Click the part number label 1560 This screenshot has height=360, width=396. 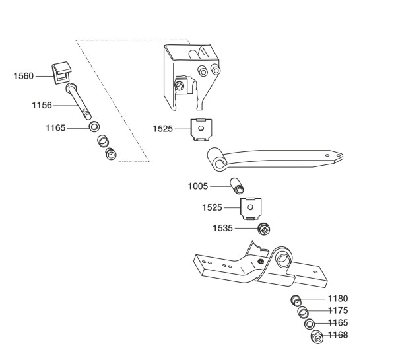tap(24, 76)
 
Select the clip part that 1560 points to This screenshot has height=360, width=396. tap(61, 73)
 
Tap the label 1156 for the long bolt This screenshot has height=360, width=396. tap(42, 105)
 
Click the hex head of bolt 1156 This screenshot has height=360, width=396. tap(71, 87)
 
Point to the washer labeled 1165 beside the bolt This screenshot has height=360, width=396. tap(94, 127)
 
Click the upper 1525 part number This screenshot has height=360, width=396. tap(163, 129)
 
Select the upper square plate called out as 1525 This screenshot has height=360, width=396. tap(201, 129)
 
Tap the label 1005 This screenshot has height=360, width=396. tap(198, 186)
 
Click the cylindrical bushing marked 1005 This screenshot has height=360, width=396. tap(237, 186)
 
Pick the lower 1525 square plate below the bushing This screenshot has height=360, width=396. tap(251, 209)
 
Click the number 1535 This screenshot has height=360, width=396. tap(222, 228)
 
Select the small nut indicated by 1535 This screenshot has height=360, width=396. tap(263, 229)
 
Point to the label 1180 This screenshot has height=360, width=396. tap(338, 299)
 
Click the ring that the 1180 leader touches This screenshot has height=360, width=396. tap(296, 301)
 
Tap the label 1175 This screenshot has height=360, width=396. tap(338, 310)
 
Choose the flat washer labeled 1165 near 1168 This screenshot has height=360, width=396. tap(310, 324)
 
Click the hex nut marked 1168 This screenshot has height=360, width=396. tap(317, 337)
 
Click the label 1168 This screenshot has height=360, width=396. tap(338, 335)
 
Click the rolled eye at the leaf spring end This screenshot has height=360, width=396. tap(216, 159)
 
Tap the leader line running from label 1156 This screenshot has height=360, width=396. tap(65, 106)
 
